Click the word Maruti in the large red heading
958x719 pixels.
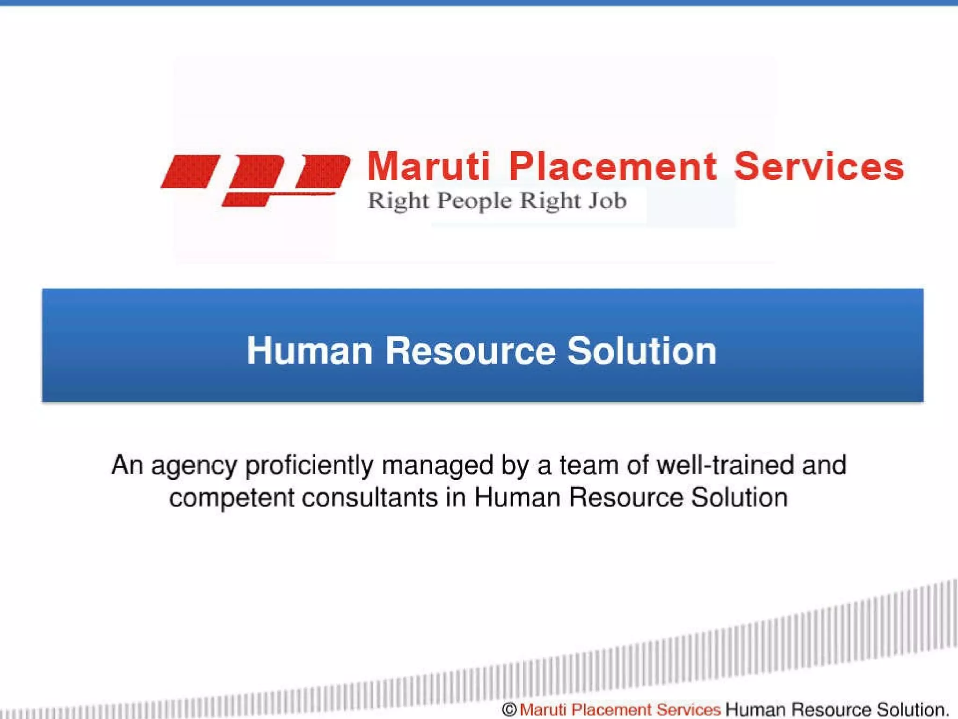428,167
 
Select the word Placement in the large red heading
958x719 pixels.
612,167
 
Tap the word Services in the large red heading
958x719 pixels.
819,167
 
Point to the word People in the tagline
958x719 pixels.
474,202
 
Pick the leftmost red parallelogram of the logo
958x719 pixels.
190,172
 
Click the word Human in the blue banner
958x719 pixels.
309,351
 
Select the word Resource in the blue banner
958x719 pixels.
470,351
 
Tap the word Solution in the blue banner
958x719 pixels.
641,351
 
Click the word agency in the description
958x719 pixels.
194,466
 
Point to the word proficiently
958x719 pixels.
309,466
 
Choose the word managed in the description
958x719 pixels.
437,466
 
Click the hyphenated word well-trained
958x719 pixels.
725,465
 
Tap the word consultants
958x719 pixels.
370,497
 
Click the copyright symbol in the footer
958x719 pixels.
508,710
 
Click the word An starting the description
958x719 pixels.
127,465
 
